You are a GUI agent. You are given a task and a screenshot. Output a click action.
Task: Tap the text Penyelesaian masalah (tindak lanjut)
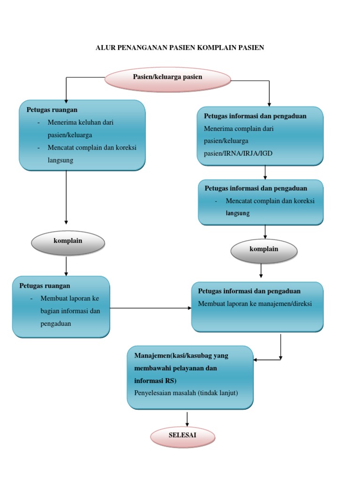[x=186, y=393]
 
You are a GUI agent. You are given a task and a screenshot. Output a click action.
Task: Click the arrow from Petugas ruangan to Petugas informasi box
[x=150, y=308]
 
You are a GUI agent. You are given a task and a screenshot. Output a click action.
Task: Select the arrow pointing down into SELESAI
[x=187, y=419]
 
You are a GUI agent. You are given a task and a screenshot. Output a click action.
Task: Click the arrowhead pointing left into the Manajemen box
[x=256, y=360]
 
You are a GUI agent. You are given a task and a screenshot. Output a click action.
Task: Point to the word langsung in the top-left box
[x=60, y=160]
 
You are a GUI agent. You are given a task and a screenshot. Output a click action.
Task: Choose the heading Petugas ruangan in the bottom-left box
[x=45, y=285]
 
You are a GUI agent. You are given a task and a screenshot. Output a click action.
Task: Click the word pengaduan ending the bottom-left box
[x=56, y=323]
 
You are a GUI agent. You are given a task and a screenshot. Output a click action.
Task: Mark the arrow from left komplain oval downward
[x=66, y=266]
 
